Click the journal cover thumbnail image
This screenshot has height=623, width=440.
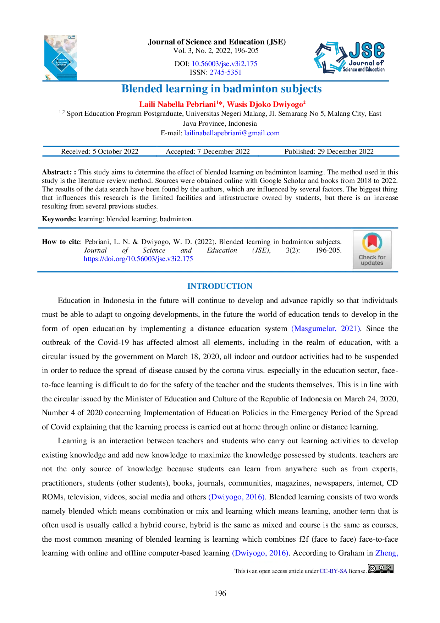coord(61,57)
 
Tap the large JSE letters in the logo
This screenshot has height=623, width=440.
coord(367,51)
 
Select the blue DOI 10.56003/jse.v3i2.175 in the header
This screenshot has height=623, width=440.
coord(225,64)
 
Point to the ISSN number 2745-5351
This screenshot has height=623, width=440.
coord(225,72)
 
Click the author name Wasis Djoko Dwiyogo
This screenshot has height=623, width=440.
coord(265,104)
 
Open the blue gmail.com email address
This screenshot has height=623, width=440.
coord(232,133)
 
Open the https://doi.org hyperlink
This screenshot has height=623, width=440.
coord(138,259)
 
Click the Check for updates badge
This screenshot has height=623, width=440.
coord(372,250)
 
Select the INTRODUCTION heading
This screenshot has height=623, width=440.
coord(220,286)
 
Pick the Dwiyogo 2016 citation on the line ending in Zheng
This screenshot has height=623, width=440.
coord(260,553)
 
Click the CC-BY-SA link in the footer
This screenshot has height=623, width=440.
coord(333,571)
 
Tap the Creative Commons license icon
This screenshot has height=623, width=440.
coord(381,569)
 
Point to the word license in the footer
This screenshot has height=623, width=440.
coord(357,571)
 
